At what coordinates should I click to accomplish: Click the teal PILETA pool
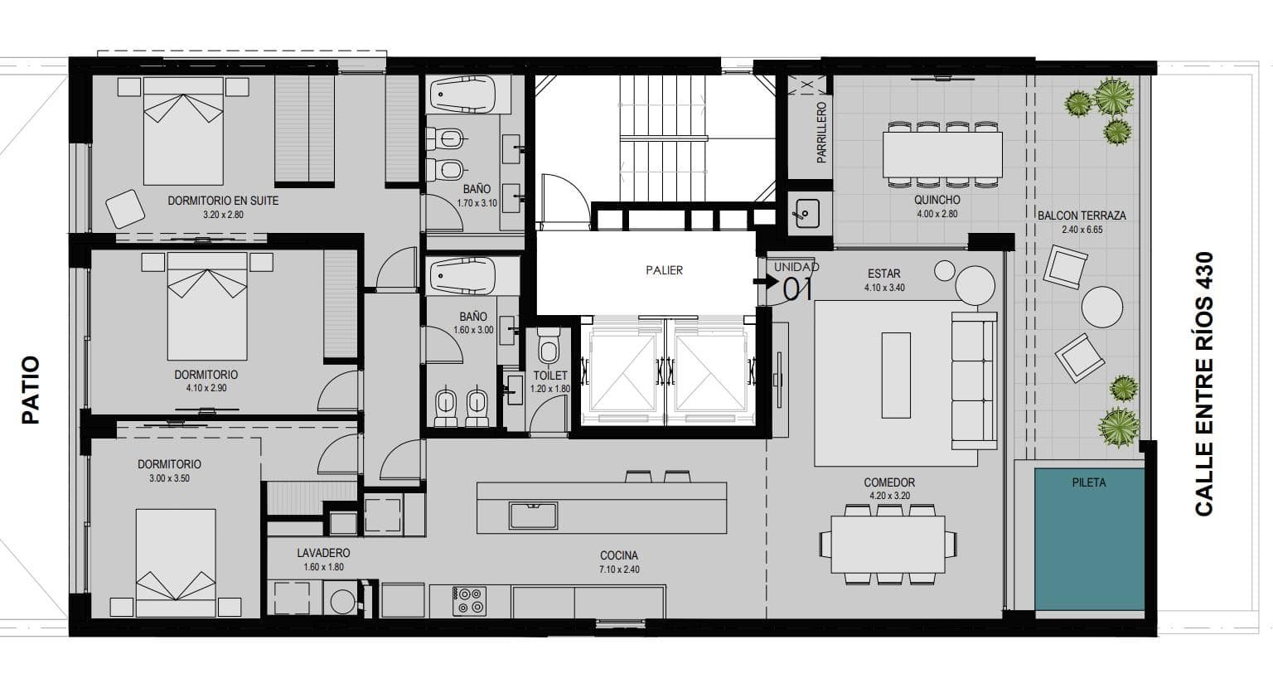[x=1089, y=540]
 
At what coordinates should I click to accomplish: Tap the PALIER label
[x=665, y=270]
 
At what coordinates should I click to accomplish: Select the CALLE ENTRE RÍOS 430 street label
[x=1204, y=385]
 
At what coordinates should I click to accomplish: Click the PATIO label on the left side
[x=31, y=390]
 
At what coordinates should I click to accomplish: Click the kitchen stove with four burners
[x=469, y=601]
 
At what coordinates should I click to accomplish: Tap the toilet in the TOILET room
[x=549, y=346]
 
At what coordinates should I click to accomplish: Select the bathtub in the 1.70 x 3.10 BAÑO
[x=462, y=95]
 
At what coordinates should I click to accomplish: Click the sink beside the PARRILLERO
[x=807, y=213]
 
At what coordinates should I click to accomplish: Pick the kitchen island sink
[x=533, y=515]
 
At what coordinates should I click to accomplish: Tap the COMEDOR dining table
[x=888, y=544]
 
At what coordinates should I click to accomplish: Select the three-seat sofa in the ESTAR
[x=975, y=380]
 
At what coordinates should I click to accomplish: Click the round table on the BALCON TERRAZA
[x=1102, y=307]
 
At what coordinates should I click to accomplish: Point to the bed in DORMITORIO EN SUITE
[x=183, y=131]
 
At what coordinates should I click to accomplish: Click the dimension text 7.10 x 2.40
[x=619, y=569]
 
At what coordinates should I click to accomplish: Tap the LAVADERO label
[x=323, y=553]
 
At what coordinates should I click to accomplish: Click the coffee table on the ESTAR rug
[x=896, y=376]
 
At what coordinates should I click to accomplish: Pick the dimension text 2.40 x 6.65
[x=1082, y=230]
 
